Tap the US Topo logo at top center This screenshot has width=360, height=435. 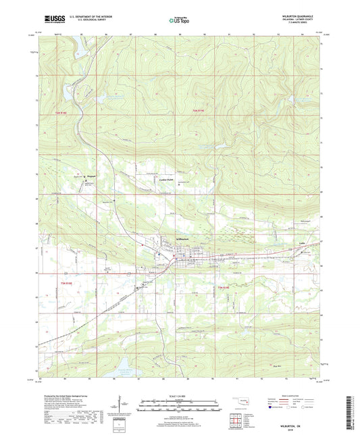[179, 20]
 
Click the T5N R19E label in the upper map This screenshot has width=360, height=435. [197, 109]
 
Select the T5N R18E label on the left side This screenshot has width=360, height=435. [61, 112]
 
